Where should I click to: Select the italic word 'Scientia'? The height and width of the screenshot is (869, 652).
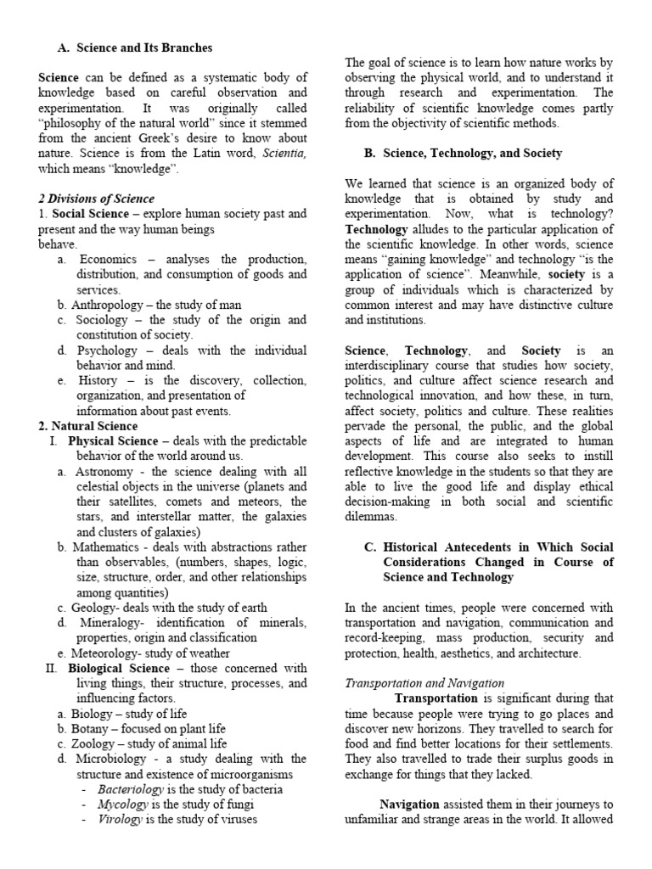click(284, 154)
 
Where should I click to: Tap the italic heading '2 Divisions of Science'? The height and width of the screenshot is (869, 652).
click(96, 199)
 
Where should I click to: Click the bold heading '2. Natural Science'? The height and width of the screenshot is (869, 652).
click(88, 426)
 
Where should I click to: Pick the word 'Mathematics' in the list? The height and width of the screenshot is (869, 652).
click(107, 547)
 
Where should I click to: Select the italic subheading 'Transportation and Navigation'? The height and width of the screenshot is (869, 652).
click(424, 683)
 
